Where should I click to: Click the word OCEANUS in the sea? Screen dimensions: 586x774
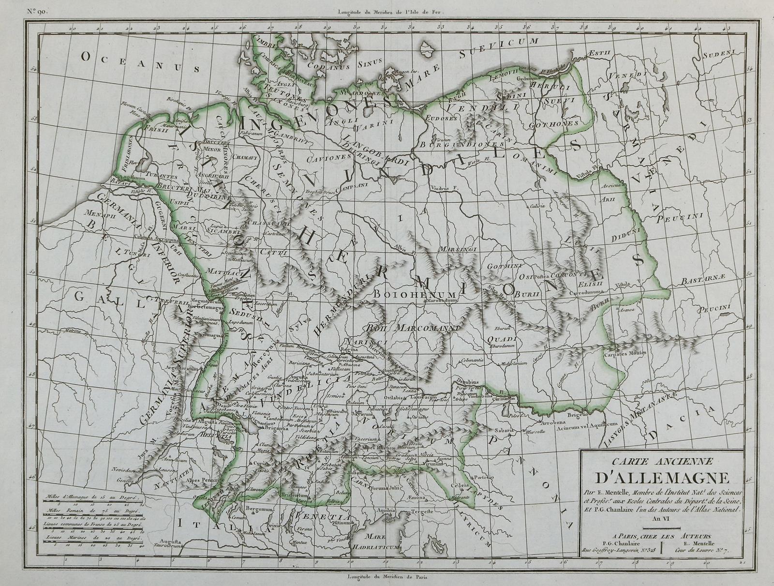pos(141,62)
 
